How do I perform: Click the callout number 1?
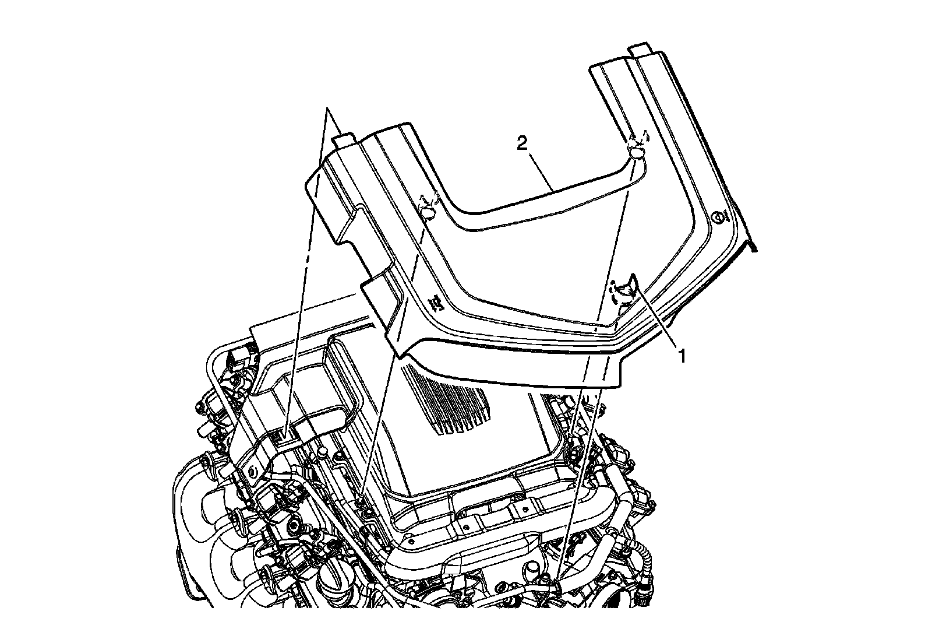682,356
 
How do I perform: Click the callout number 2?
522,144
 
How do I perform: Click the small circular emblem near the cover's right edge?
717,217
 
